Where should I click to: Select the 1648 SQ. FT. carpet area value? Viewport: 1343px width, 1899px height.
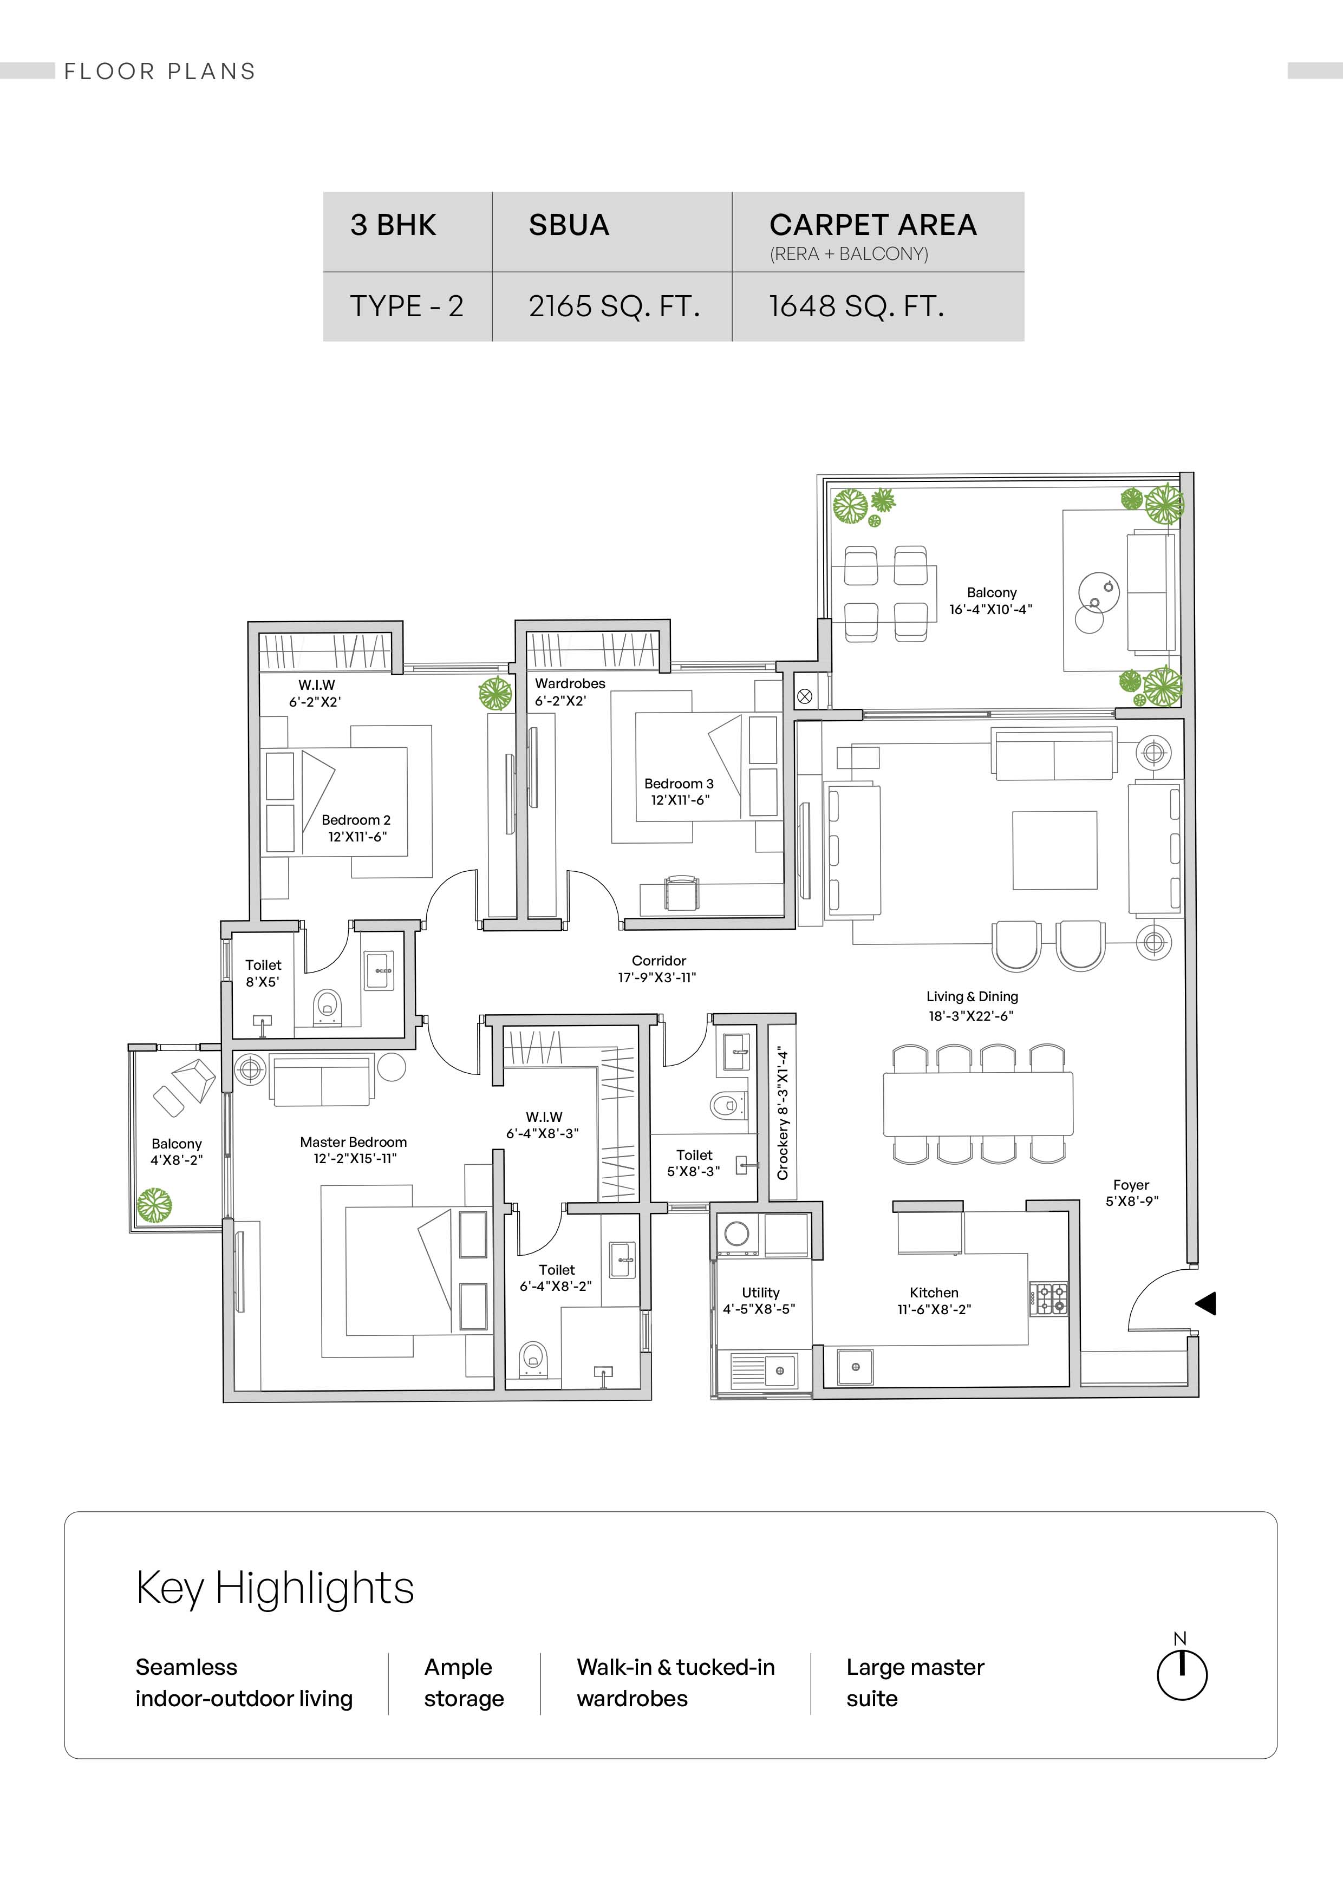856,306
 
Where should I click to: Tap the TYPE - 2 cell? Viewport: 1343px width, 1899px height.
406,306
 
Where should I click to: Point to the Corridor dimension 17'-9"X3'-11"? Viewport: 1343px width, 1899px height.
657,977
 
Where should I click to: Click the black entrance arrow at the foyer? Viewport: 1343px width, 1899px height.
1206,1303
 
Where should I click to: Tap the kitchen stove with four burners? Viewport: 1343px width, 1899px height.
1048,1298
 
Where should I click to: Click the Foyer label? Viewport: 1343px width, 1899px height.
1131,1185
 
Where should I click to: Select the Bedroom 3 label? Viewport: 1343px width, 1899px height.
679,783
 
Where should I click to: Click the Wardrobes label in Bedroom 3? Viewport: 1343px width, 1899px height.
570,683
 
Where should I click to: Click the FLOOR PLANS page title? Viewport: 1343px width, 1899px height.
160,71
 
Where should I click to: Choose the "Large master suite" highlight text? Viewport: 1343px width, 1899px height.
915,1682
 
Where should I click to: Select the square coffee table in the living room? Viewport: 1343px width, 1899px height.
1054,850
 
